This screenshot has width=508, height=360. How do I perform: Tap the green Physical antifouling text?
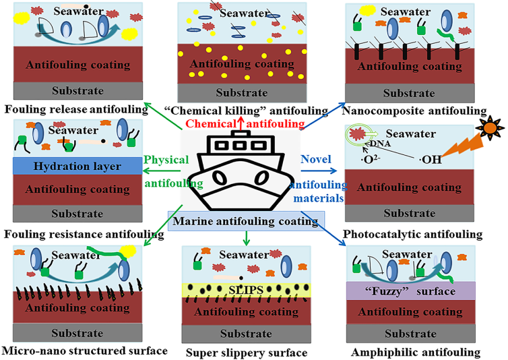coord(166,171)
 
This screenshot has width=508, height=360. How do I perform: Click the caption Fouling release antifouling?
coord(76,108)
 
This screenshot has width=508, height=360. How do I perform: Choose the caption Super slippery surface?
coord(246,353)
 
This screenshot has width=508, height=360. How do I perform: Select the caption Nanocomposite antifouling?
coord(414,110)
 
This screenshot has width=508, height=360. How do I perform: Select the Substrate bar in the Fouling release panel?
coord(76,90)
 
